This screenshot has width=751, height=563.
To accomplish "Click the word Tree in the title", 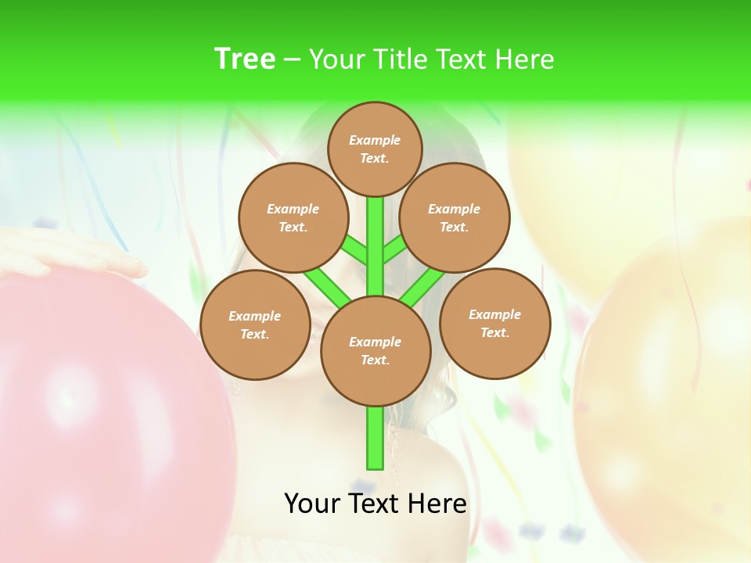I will coord(245,59).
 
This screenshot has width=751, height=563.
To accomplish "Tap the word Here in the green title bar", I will coord(524,59).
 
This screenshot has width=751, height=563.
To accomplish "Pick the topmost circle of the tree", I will coord(375,149).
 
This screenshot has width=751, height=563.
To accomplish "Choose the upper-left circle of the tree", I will coord(293,217).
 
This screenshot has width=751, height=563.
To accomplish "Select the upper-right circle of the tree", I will coord(455,217).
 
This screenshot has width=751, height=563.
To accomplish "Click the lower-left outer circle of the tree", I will coord(255,325).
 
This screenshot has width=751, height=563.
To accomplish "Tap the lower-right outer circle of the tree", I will coord(494,323).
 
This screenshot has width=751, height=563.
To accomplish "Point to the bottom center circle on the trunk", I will coord(375,350).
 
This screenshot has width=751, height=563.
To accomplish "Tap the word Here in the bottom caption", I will coord(438,504).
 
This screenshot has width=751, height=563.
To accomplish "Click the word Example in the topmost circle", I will coord(375,140).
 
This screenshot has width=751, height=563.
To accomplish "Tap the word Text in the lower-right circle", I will coord(494,332).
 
